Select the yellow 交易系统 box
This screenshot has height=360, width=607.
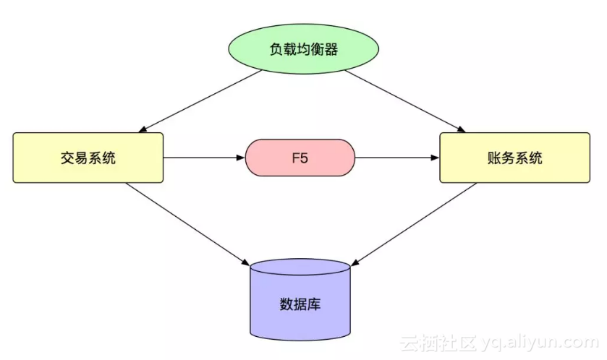tap(88, 158)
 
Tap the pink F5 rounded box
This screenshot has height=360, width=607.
tap(300, 158)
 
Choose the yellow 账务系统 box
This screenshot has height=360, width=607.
tap(514, 158)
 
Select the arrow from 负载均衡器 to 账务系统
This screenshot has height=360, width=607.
tap(405, 101)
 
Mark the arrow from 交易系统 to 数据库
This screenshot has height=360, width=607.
tap(184, 220)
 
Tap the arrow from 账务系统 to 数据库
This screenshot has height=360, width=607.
tap(416, 220)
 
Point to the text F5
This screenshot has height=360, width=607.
tap(300, 158)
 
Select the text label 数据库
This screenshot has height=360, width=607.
tap(300, 304)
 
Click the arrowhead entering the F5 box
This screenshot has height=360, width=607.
tap(241, 158)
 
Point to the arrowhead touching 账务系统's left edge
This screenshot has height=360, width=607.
tap(435, 158)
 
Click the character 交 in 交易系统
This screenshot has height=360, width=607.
tap(67, 158)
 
